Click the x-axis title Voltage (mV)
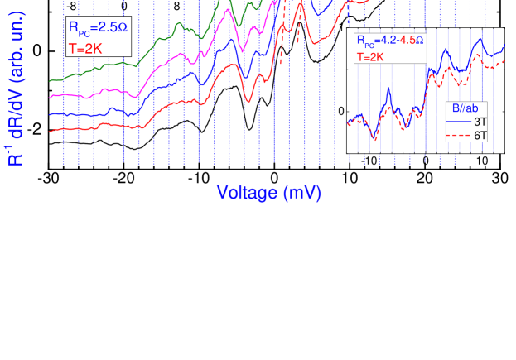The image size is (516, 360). (x=268, y=193)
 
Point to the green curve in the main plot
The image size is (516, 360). (x=157, y=49)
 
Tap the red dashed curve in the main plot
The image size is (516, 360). (x=282, y=41)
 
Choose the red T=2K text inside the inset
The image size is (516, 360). (x=372, y=57)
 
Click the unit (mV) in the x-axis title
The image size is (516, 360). (x=301, y=193)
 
